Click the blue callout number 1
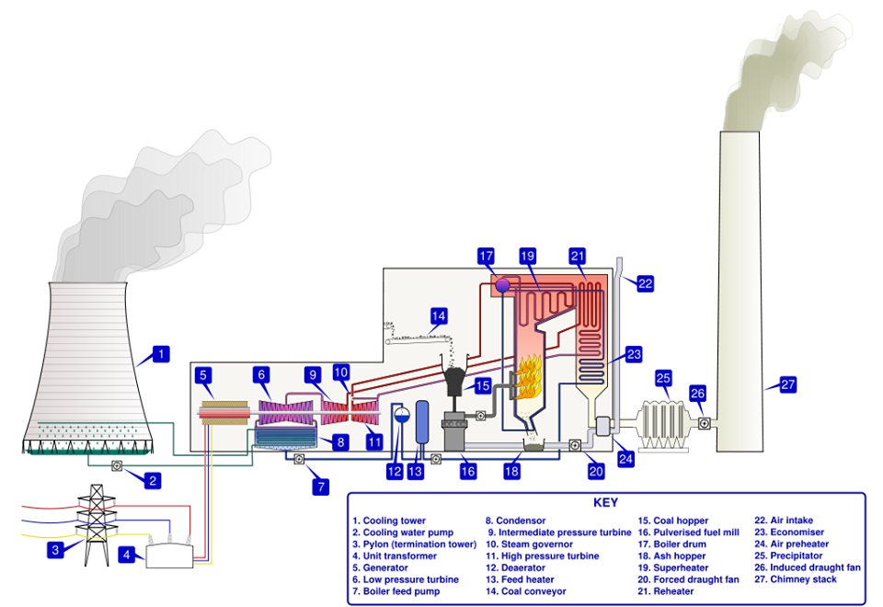click(x=161, y=354)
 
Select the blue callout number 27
click(x=787, y=384)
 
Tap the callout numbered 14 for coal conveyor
click(x=439, y=316)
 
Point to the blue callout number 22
click(x=645, y=283)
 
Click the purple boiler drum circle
click(x=502, y=285)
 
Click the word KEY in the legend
click(x=606, y=503)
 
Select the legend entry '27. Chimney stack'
click(x=797, y=579)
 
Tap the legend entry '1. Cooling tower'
click(x=392, y=521)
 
